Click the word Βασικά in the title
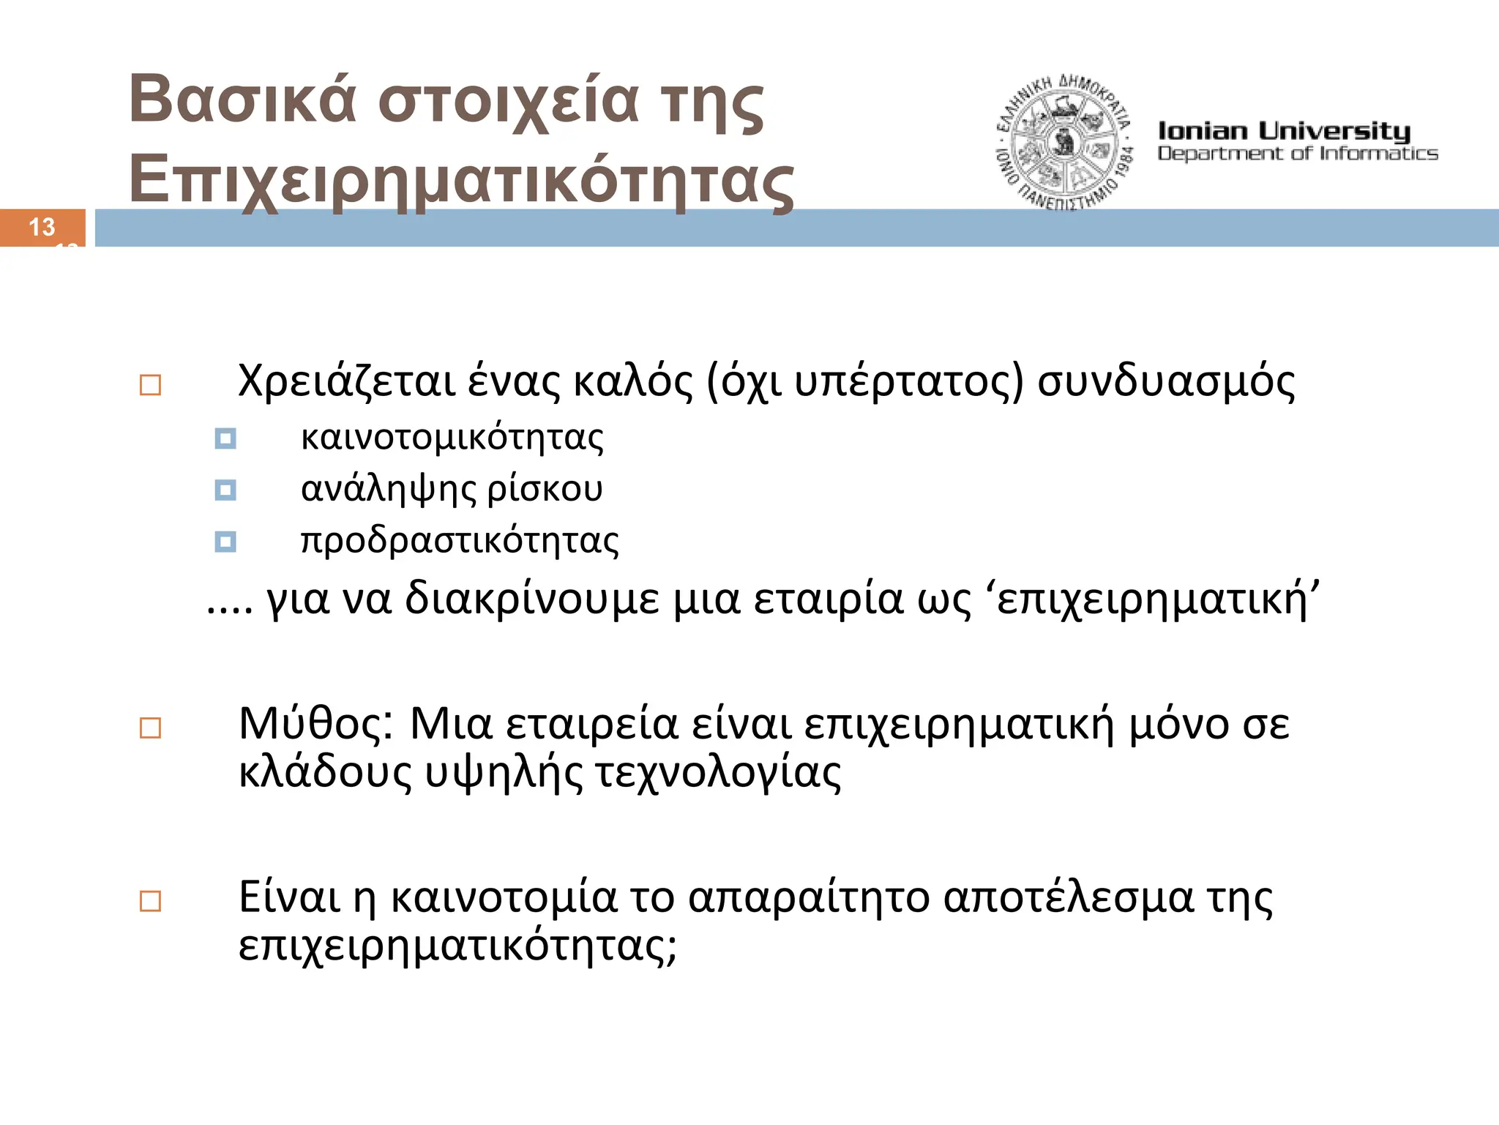pyautogui.click(x=242, y=100)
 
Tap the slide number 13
pyautogui.click(x=42, y=227)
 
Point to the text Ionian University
pyautogui.click(x=1283, y=131)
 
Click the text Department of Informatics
pyautogui.click(x=1297, y=154)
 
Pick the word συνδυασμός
pyautogui.click(x=1166, y=382)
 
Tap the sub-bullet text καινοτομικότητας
pyautogui.click(x=452, y=438)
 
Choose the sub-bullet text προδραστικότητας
pyautogui.click(x=460, y=541)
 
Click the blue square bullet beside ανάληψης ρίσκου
pyautogui.click(x=225, y=490)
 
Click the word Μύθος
pyautogui.click(x=316, y=725)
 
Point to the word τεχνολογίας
pyautogui.click(x=717, y=773)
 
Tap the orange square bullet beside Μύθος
pyautogui.click(x=150, y=728)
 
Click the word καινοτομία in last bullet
pyautogui.click(x=504, y=897)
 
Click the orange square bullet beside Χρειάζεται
pyautogui.click(x=150, y=385)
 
